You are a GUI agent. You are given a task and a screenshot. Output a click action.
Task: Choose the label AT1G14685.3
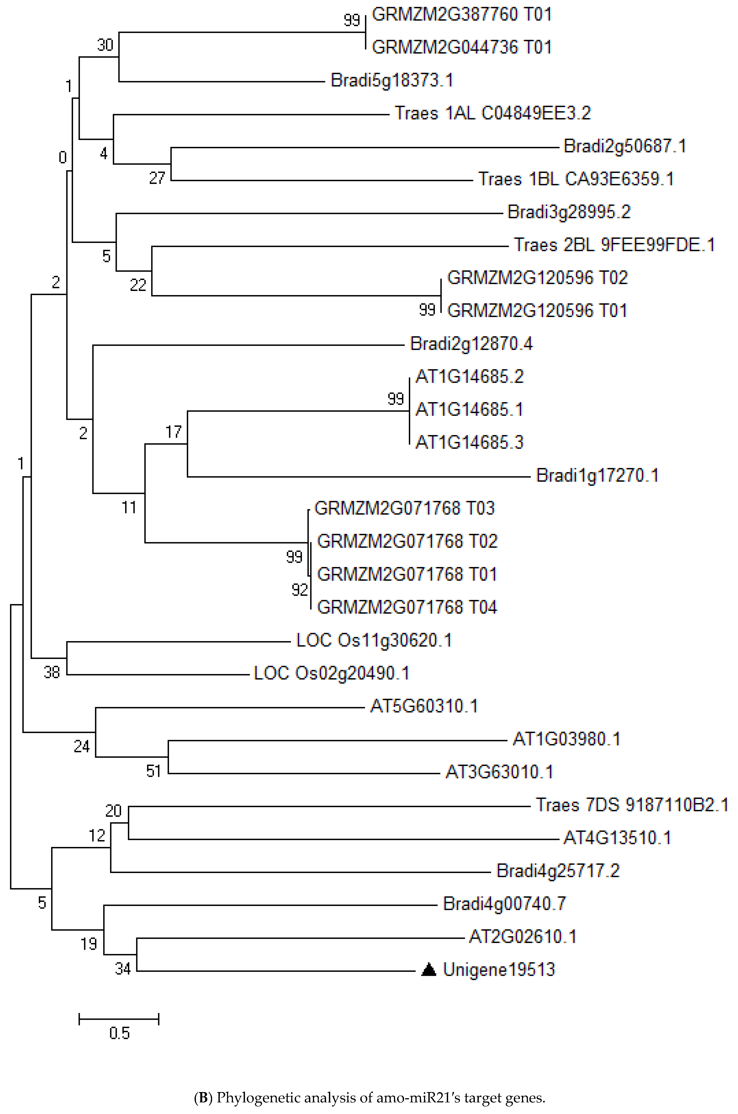click(x=469, y=442)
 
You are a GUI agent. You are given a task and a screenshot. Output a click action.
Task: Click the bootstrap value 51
click(x=153, y=771)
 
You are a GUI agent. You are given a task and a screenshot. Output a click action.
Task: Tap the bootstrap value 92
click(x=299, y=590)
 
